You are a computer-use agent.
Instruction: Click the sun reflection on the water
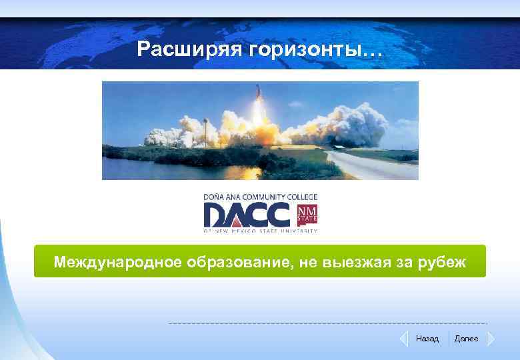click(244, 171)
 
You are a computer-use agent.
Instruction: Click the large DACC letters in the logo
click(247, 215)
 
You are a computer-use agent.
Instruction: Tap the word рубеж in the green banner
click(441, 262)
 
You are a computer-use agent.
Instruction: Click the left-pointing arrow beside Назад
click(403, 339)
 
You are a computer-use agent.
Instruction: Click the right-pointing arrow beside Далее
click(490, 339)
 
